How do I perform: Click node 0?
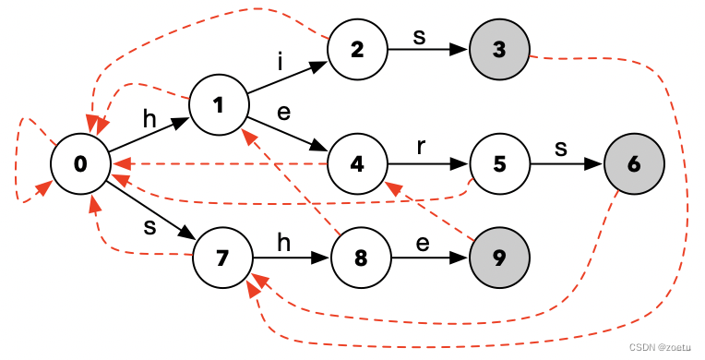click(x=80, y=164)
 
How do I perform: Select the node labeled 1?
click(x=219, y=105)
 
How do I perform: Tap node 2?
click(x=357, y=49)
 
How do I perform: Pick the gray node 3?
click(x=499, y=49)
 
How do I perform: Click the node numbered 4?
click(x=357, y=164)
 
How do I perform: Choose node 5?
click(x=499, y=164)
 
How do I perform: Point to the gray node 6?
click(x=634, y=164)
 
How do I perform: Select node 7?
click(x=221, y=256)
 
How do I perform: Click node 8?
click(x=361, y=256)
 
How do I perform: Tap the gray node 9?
click(x=499, y=256)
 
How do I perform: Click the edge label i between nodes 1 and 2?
click(x=280, y=62)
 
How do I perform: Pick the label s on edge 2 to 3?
click(x=420, y=34)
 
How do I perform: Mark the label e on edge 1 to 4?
click(x=283, y=113)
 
